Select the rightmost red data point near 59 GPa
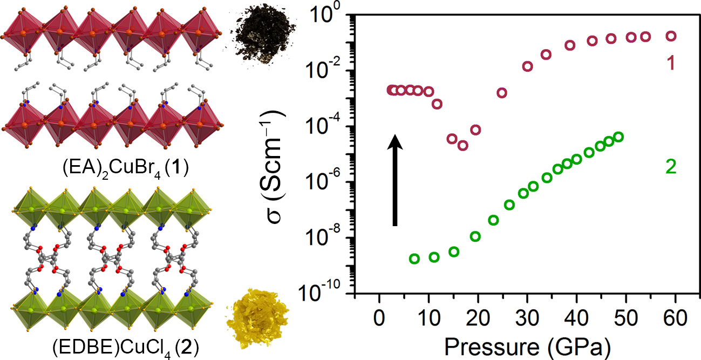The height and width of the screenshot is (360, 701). click(671, 36)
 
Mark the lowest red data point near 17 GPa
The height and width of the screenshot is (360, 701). click(462, 146)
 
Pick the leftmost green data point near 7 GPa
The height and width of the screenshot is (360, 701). click(414, 259)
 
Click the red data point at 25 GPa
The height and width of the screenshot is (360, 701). click(502, 93)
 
